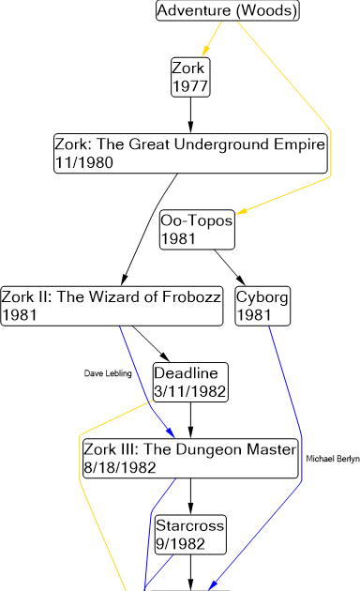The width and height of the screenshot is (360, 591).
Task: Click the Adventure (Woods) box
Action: tap(227, 11)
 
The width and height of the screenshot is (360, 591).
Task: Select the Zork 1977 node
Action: tap(189, 76)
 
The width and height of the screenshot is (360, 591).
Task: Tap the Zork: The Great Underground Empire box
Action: tap(190, 153)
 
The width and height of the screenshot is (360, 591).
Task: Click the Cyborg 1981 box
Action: tap(262, 306)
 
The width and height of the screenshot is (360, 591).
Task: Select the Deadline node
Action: tap(189, 382)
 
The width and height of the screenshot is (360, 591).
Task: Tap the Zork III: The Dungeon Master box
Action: tap(189, 458)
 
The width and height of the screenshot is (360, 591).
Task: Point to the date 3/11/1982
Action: tap(189, 390)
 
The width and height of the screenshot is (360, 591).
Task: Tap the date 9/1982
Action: tap(177, 543)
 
